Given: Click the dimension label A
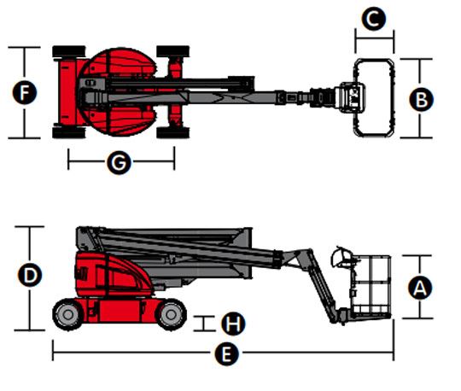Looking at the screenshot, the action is tap(420, 288).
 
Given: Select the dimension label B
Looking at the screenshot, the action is tap(422, 99).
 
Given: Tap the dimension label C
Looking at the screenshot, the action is tap(374, 19).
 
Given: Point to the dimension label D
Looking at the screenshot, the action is tap(30, 275).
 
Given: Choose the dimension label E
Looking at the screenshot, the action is tap(226, 353).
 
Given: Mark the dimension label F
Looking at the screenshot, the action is tap(25, 92).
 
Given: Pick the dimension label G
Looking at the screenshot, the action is tap(119, 162).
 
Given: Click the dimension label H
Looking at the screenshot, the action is tap(233, 324).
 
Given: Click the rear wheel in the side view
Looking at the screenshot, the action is tap(67, 314).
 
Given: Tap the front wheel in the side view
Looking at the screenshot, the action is tap(171, 314).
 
